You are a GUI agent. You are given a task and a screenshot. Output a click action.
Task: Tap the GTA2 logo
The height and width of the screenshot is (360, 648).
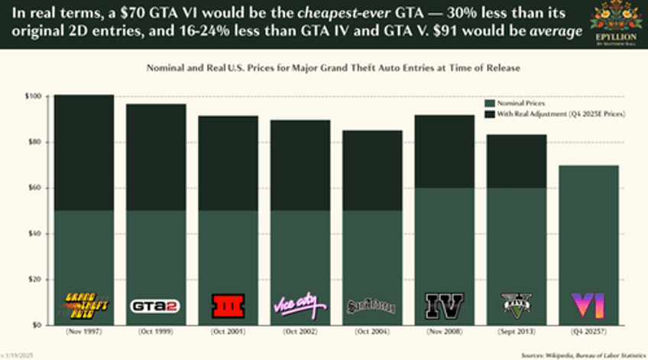click(x=155, y=306)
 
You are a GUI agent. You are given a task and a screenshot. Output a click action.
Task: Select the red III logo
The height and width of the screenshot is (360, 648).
click(x=227, y=306)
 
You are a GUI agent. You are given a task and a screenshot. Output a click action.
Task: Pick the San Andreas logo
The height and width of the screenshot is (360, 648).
click(x=371, y=306)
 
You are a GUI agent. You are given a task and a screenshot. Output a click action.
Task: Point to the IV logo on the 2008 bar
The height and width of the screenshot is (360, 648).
click(x=443, y=306)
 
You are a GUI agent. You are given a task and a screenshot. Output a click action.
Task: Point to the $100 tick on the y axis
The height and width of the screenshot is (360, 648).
click(x=34, y=96)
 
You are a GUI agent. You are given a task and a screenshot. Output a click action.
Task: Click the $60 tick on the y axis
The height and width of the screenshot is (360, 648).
click(x=35, y=188)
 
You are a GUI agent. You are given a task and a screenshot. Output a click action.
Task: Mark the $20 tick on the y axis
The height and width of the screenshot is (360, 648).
click(x=35, y=280)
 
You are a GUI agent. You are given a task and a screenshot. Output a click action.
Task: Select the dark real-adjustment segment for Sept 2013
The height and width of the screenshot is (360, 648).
click(x=516, y=161)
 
